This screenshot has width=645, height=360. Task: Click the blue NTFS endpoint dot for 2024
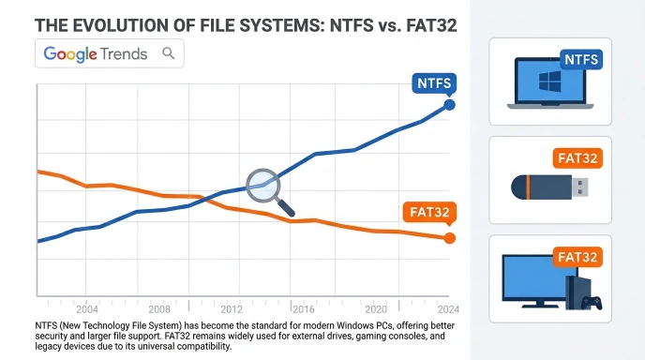450,105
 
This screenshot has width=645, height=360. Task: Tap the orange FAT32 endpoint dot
450,238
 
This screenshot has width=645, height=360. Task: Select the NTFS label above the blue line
434,83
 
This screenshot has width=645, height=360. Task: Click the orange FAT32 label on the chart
429,212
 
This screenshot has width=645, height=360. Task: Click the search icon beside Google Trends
168,53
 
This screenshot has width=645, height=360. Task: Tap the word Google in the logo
70,53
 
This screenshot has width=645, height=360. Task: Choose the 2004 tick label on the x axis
87,309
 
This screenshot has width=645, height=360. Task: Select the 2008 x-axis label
159,309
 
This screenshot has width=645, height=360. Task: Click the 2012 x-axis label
232,309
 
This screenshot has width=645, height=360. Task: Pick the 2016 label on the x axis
304,309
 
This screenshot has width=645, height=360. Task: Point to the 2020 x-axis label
376,309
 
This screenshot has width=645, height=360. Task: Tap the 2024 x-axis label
448,309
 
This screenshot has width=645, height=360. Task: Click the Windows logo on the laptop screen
550,82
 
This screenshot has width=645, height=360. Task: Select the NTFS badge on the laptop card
581,60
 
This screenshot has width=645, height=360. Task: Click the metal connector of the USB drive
580,187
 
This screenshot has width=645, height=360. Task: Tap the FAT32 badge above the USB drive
577,158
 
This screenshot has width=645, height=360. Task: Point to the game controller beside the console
592,303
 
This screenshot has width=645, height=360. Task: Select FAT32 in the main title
431,25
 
